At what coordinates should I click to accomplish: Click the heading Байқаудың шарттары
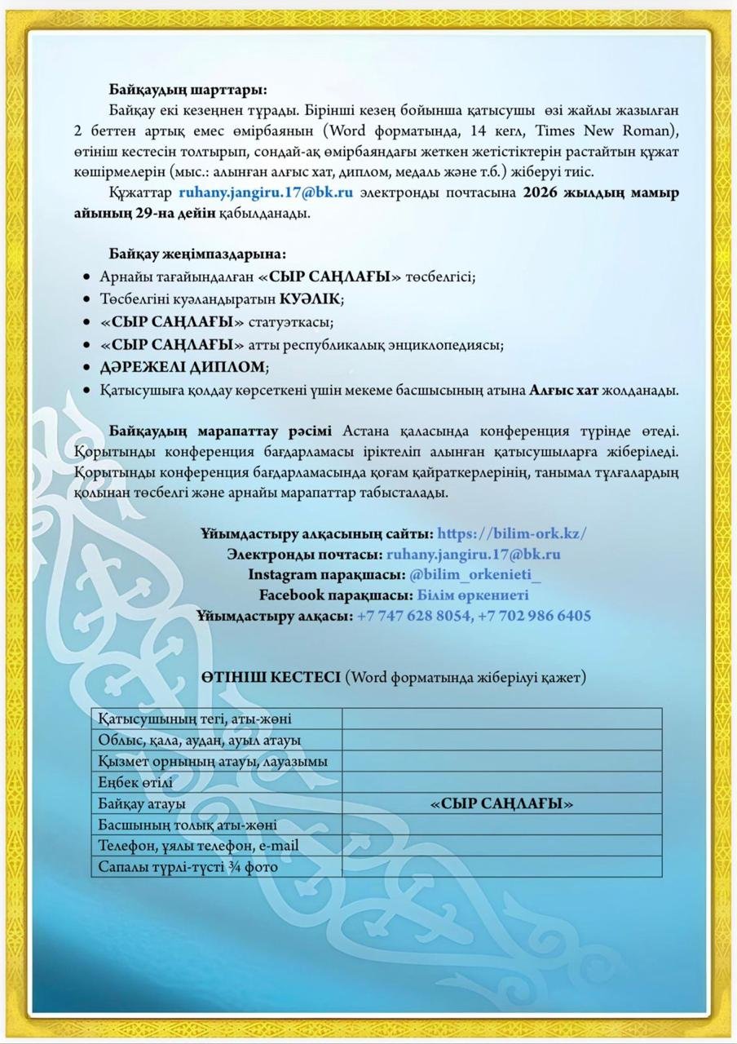(188, 90)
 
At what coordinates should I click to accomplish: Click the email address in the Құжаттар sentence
(266, 193)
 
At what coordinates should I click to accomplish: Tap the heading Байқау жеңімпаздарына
(197, 254)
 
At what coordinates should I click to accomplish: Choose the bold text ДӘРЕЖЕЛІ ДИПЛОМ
(184, 367)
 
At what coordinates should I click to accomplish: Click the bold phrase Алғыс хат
(564, 391)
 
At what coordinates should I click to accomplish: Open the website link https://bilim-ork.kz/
(512, 534)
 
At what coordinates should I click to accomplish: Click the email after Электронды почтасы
(473, 555)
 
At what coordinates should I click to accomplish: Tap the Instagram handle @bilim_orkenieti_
(475, 575)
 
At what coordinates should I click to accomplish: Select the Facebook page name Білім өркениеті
(473, 595)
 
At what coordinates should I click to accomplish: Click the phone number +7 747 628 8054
(413, 616)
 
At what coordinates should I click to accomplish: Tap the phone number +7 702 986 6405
(535, 616)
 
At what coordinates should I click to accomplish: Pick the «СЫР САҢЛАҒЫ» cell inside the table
(501, 803)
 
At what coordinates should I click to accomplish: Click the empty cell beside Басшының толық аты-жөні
(501, 825)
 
